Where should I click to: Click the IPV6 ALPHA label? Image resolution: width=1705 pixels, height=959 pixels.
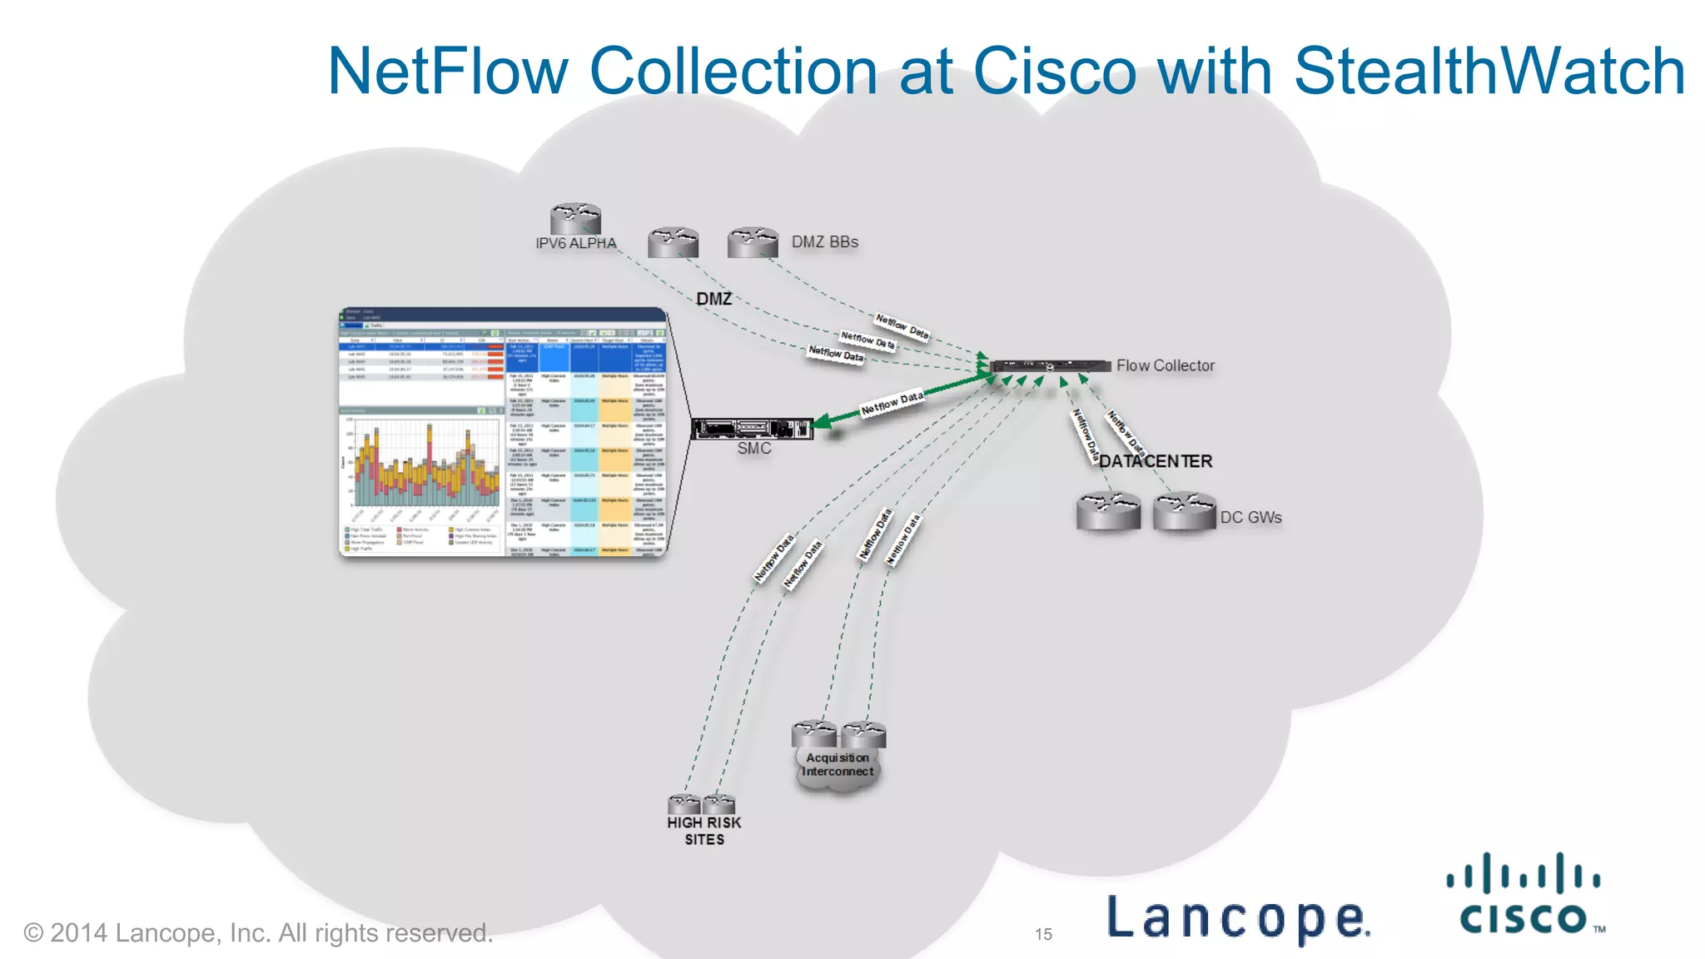(x=575, y=243)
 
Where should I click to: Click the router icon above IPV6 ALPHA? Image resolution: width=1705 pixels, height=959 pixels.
(x=575, y=218)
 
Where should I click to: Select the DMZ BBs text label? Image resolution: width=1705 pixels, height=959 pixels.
(x=824, y=241)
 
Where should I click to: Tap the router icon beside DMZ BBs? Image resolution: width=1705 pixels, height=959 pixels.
(x=753, y=242)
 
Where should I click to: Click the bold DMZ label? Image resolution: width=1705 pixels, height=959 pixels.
(x=713, y=299)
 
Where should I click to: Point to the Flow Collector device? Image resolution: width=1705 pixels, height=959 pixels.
(x=1051, y=366)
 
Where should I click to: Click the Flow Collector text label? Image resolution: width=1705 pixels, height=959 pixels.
(x=1165, y=365)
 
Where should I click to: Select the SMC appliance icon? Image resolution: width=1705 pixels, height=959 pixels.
(x=752, y=428)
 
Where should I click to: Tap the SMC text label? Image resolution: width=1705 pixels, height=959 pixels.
(x=753, y=448)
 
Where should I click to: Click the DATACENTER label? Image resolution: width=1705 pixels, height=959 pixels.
(x=1156, y=461)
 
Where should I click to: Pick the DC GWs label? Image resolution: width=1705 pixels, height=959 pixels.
(x=1250, y=517)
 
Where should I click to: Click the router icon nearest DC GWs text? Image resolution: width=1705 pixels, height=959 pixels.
(x=1185, y=510)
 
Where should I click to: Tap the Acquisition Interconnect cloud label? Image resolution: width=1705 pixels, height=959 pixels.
(x=838, y=764)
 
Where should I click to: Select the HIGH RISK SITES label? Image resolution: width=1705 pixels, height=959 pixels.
(x=704, y=831)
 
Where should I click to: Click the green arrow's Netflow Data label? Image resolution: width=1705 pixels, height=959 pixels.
(x=892, y=403)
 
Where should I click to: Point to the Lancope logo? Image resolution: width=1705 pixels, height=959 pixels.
(x=1237, y=917)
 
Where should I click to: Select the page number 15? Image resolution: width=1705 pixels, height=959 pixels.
(x=1043, y=934)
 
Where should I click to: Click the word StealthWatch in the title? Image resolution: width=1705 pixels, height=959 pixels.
(x=1489, y=71)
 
